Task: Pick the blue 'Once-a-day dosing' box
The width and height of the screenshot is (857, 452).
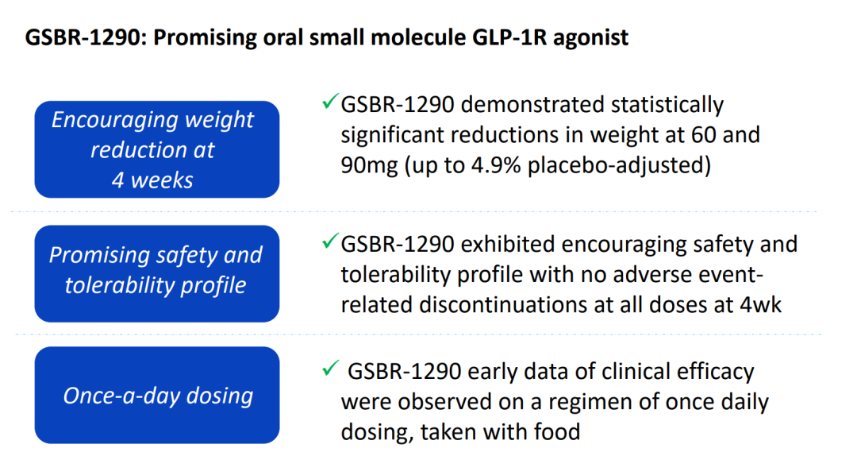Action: pyautogui.click(x=158, y=395)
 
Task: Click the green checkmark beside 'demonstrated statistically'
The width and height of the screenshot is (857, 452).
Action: pyautogui.click(x=329, y=103)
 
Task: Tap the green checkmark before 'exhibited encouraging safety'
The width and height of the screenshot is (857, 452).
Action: pyautogui.click(x=329, y=241)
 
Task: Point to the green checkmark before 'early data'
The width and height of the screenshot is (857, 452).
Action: pyautogui.click(x=329, y=369)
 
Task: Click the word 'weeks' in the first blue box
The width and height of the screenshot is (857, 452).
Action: pyautogui.click(x=163, y=180)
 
